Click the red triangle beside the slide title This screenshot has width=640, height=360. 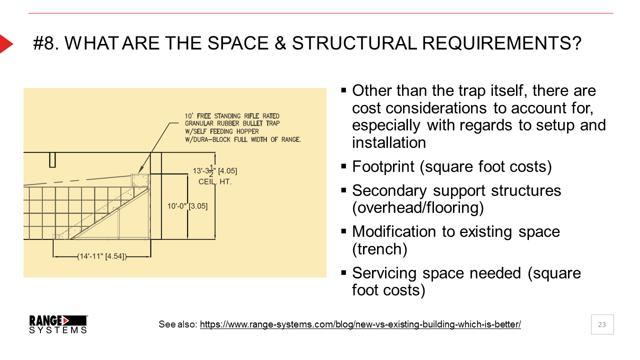(x=5, y=43)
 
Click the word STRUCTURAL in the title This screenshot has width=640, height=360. (x=353, y=43)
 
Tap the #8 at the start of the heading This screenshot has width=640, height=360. (x=46, y=43)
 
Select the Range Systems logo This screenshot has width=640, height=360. (x=58, y=324)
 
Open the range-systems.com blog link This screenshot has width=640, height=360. (x=360, y=324)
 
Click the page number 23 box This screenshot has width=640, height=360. (x=602, y=324)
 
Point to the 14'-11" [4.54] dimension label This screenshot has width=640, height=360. (x=102, y=256)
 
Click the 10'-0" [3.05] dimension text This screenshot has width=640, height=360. (x=187, y=206)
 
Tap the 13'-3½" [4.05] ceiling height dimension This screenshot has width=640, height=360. (x=215, y=171)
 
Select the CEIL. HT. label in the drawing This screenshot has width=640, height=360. (x=215, y=182)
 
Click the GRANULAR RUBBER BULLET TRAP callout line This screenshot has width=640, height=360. (x=232, y=123)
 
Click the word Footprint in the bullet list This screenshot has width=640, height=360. (x=383, y=166)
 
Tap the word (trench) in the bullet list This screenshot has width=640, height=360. (x=379, y=249)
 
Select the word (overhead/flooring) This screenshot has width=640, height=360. (x=418, y=207)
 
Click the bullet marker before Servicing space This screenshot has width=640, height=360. (x=343, y=272)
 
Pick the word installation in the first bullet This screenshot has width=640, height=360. (x=389, y=142)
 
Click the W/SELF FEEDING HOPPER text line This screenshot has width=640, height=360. (x=221, y=131)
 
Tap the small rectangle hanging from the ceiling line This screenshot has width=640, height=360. (x=52, y=159)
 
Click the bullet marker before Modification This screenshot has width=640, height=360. (x=343, y=231)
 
